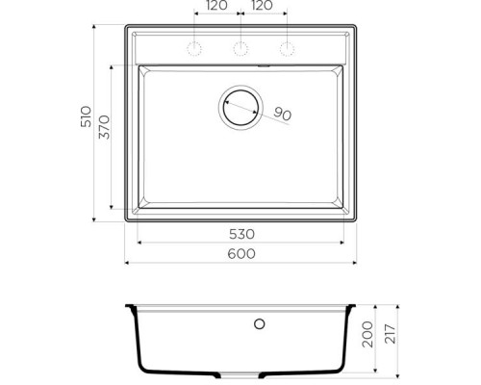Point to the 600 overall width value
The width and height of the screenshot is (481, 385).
click(242, 253)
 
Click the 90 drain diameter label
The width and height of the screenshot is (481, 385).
click(282, 115)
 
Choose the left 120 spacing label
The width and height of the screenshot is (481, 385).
click(216, 6)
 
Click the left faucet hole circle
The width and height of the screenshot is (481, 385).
click(194, 49)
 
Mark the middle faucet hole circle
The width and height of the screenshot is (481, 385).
click(240, 49)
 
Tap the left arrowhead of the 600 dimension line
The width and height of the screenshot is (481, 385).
click(129, 263)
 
